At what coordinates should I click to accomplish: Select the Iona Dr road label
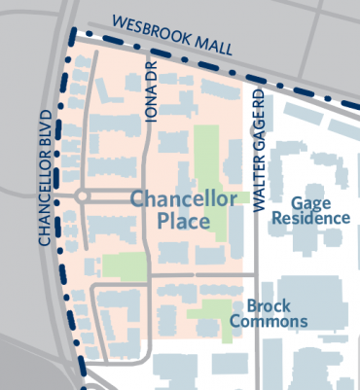(x=151, y=96)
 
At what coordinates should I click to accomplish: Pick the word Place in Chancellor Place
(x=185, y=222)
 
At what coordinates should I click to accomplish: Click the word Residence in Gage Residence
(x=311, y=219)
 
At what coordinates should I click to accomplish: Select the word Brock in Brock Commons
(x=269, y=305)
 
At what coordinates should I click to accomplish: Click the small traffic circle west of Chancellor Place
(x=83, y=197)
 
